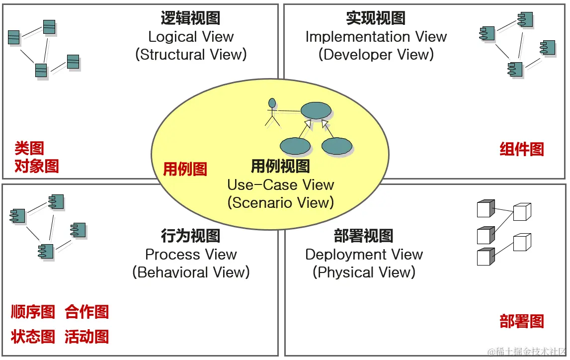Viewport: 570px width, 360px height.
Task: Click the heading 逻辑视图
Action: (x=190, y=18)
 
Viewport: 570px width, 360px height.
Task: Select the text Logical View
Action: (x=191, y=36)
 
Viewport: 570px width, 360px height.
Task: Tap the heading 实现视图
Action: (x=376, y=18)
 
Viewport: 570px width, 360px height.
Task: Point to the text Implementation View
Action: (x=376, y=36)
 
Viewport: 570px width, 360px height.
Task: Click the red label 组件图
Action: (x=521, y=149)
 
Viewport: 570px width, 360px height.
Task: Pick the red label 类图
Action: (x=29, y=148)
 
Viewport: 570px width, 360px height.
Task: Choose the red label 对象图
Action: (x=37, y=166)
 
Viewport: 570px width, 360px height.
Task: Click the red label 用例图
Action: (x=185, y=169)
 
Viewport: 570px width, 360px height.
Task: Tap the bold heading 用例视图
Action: (x=280, y=166)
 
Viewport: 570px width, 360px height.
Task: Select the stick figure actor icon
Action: (x=271, y=112)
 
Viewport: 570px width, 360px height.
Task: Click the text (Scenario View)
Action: (x=280, y=202)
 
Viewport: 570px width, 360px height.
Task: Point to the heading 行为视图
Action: (x=190, y=236)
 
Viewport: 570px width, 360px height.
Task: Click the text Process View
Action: (x=191, y=254)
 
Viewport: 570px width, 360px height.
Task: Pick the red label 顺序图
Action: (x=33, y=312)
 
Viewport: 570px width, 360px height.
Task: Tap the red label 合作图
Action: (x=86, y=312)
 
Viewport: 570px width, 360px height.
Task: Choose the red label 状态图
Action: (x=33, y=336)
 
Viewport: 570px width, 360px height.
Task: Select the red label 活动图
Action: (x=86, y=336)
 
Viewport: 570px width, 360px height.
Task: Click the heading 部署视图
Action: (x=364, y=236)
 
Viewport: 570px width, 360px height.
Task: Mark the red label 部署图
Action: (x=521, y=321)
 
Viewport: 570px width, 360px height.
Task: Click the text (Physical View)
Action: (x=364, y=272)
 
